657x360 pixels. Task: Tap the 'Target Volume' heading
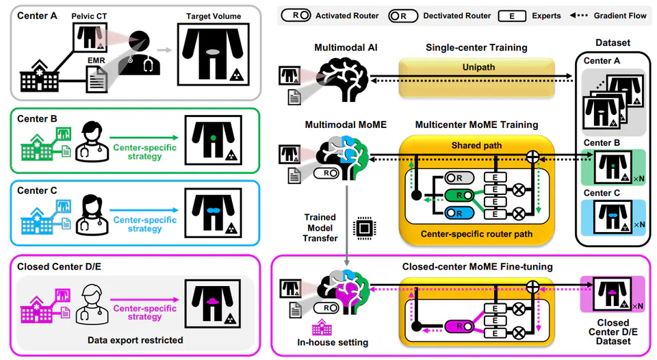(x=213, y=14)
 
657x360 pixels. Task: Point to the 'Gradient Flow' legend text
(x=619, y=14)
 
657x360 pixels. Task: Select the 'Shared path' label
(x=477, y=145)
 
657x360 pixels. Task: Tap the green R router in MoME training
(x=459, y=195)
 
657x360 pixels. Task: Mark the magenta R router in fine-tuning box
(x=459, y=326)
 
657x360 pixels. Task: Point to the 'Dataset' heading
(x=613, y=42)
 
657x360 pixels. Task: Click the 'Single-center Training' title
(x=476, y=48)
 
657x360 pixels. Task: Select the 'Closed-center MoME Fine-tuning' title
(x=477, y=266)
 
